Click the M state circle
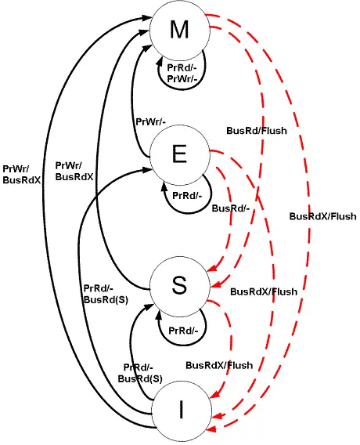(179, 31)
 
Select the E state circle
(179, 156)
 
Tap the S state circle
(179, 288)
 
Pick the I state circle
(181, 409)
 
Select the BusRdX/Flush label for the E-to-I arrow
(264, 292)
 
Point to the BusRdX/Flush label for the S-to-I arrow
(219, 365)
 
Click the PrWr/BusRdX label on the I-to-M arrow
(22, 173)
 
